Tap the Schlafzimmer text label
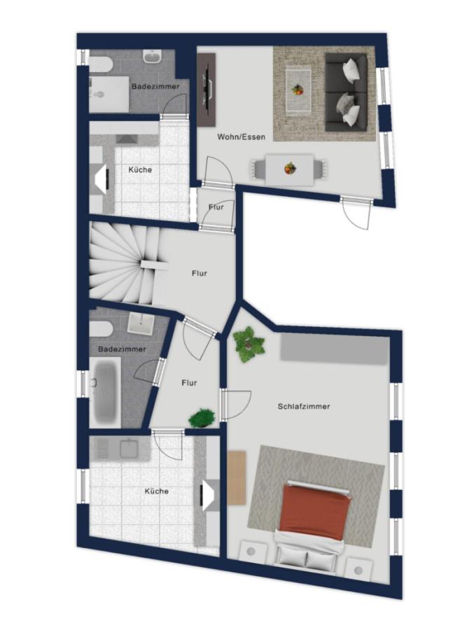304,406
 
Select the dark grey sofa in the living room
346,92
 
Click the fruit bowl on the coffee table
298,90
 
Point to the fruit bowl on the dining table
289,168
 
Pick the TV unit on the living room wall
207,90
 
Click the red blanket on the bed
314,508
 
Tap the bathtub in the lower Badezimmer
106,393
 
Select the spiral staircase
123,265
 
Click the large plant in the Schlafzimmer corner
249,344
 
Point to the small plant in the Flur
202,417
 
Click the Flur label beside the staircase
200,273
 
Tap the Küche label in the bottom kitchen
157,491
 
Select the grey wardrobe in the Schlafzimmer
333,349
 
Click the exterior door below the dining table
356,212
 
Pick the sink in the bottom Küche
130,449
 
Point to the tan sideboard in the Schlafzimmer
237,477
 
